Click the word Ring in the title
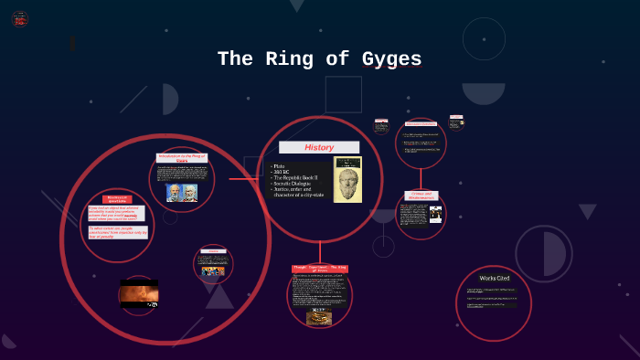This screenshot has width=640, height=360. (299, 60)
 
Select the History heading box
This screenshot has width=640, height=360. (319, 147)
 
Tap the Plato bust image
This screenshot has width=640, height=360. (347, 179)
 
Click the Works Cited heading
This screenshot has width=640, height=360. (495, 278)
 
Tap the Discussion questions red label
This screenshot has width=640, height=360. (117, 198)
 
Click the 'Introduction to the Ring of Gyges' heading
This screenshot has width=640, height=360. (182, 158)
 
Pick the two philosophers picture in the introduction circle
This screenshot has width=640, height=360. (182, 193)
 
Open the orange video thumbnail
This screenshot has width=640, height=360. (139, 294)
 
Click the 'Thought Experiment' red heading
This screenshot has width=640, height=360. (320, 269)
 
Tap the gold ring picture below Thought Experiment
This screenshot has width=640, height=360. (319, 317)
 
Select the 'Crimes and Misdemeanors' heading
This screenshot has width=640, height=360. (421, 196)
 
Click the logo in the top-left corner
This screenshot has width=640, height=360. (20, 18)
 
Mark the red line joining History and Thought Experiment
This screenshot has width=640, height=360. (320, 252)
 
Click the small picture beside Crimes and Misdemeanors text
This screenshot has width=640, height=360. (436, 215)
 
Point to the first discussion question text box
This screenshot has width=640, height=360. (116, 213)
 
